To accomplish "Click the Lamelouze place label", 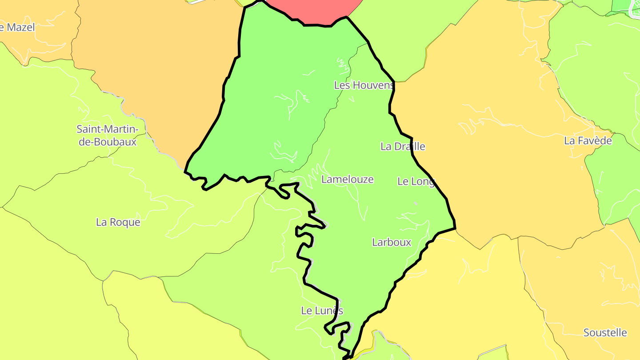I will pos(348,179).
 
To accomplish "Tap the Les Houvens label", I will pos(364,85).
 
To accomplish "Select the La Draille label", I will pos(403,146).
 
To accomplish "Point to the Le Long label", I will pos(416,181).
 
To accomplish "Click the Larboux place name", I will pos(392,242).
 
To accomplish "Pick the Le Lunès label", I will pos(322,311).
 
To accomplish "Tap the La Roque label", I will pos(118,222).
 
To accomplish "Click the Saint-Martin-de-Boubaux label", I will pos(107,136).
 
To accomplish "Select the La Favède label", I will pos(588,140).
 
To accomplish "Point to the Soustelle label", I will pos(605,332).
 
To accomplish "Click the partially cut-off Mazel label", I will pos(18,27).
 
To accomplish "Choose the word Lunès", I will pos(329,311).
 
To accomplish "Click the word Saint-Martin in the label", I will pos(108,129).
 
